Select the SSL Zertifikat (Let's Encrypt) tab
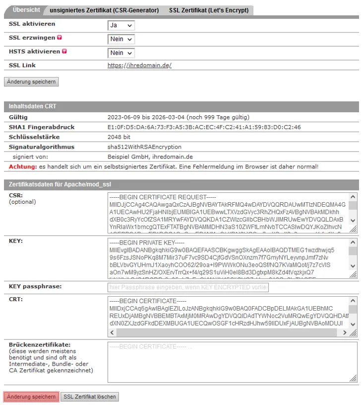pyautogui.click(x=208, y=10)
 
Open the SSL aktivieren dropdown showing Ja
pyautogui.click(x=121, y=25)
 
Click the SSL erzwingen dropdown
pyautogui.click(x=121, y=39)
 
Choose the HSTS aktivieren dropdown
pyautogui.click(x=121, y=53)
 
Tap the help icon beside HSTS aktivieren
pyautogui.click(x=64, y=52)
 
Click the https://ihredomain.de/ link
pyautogui.click(x=139, y=66)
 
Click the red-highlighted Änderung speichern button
pyautogui.click(x=31, y=397)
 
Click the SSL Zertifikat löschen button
pyautogui.click(x=90, y=397)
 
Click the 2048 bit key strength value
pyautogui.click(x=119, y=137)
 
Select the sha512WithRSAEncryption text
pyautogui.click(x=144, y=147)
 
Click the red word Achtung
pyautogui.click(x=22, y=166)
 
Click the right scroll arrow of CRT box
pyautogui.click(x=345, y=332)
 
